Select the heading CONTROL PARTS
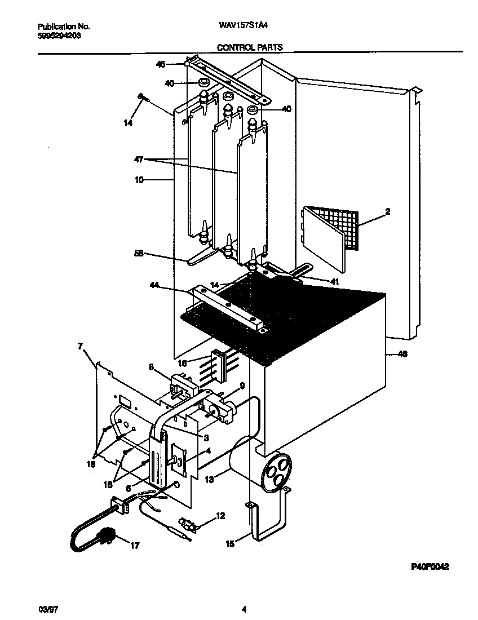pos(249,48)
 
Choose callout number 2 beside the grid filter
pos(388,212)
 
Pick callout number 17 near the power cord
pos(134,546)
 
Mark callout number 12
pos(220,515)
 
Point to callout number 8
pos(151,366)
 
